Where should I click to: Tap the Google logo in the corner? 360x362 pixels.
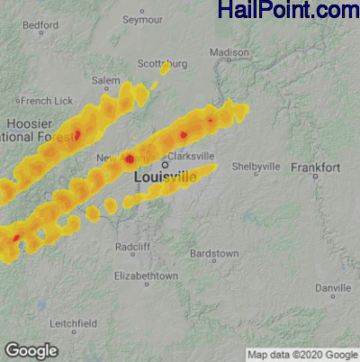click(31, 350)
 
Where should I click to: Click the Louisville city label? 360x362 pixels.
click(165, 178)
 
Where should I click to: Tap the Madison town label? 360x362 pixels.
click(229, 53)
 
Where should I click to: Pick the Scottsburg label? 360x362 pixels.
click(162, 64)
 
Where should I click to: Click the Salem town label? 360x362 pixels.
click(105, 80)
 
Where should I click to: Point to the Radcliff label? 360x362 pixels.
click(133, 247)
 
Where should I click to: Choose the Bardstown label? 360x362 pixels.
click(217, 254)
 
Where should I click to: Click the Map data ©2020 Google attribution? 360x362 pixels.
click(301, 353)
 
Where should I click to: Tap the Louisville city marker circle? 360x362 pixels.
click(166, 166)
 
